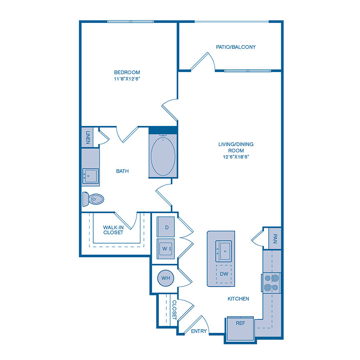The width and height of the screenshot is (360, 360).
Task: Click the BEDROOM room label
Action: (x=127, y=72)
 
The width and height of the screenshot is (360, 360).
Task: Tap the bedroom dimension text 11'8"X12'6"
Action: (x=127, y=79)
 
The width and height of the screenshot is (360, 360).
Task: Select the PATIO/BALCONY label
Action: (x=236, y=47)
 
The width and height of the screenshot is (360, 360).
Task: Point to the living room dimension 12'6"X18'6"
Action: (x=236, y=157)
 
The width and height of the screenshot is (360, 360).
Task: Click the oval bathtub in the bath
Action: (x=163, y=156)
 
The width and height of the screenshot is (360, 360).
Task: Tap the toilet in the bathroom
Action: (x=93, y=199)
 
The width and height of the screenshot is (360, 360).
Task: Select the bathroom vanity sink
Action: (x=90, y=176)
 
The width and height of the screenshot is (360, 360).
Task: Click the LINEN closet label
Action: (x=88, y=137)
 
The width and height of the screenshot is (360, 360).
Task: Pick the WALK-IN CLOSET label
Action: (x=113, y=230)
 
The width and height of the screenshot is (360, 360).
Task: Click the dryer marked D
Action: (x=166, y=227)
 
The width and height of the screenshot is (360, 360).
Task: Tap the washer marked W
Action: (x=166, y=249)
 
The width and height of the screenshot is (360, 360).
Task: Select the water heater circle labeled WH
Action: (x=166, y=278)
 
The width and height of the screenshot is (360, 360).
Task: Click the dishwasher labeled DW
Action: (x=224, y=274)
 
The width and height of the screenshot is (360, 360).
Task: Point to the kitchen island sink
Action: (x=223, y=251)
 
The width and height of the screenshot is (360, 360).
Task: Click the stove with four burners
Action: (x=271, y=283)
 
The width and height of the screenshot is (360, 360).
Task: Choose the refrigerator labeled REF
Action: (x=240, y=328)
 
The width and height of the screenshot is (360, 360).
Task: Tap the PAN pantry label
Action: (x=275, y=238)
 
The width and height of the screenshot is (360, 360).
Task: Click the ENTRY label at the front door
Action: (x=199, y=331)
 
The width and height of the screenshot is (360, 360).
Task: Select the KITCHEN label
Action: (x=238, y=299)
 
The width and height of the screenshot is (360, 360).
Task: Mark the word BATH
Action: (x=122, y=171)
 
